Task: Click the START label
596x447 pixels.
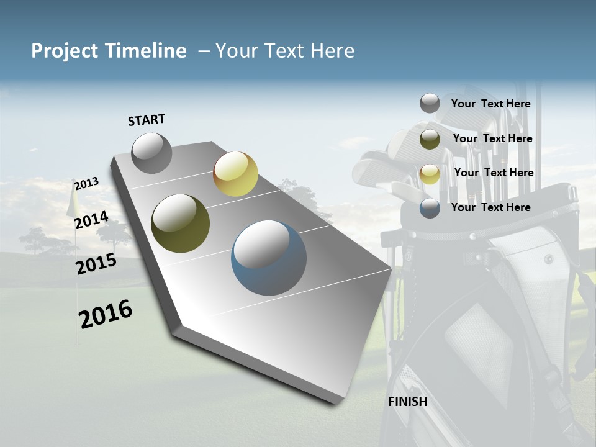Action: click(147, 120)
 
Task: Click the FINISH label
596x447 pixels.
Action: click(408, 402)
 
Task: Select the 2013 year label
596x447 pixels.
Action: click(86, 184)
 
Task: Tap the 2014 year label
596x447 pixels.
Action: click(91, 220)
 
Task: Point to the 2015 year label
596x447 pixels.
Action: click(96, 264)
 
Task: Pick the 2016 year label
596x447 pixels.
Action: click(106, 314)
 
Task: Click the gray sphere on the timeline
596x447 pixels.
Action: click(151, 153)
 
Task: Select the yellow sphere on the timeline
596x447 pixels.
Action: click(235, 174)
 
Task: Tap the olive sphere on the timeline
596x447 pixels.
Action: click(180, 223)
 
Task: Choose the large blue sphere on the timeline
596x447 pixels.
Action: click(269, 258)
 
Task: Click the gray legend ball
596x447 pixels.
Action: click(430, 103)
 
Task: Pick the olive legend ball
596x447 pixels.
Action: click(430, 139)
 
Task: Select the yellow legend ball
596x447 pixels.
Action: click(430, 174)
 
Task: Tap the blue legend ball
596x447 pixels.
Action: click(430, 209)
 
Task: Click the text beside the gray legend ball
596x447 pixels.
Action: click(490, 104)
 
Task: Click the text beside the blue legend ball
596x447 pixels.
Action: click(490, 207)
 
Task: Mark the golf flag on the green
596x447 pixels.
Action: click(73, 202)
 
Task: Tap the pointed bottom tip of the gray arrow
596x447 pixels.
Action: click(335, 403)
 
